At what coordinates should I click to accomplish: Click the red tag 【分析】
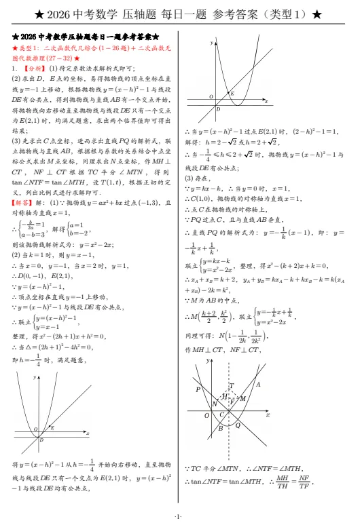[x=32, y=69]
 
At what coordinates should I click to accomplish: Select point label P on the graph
[x=198, y=389]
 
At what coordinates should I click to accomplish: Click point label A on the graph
[x=257, y=384]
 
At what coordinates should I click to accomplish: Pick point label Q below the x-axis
[x=237, y=424]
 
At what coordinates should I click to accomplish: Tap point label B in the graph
[x=219, y=427]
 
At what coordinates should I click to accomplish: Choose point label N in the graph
[x=215, y=404]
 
